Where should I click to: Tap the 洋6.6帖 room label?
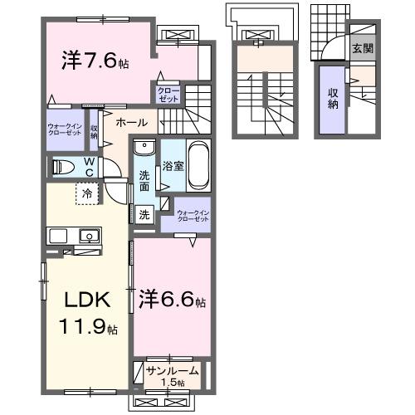[172, 298]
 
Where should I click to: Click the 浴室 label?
[172, 166]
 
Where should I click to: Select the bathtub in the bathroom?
[198, 162]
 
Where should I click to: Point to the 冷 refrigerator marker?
[87, 194]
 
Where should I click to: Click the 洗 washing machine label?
[144, 214]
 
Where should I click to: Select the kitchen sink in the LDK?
[87, 237]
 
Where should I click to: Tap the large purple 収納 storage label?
[332, 99]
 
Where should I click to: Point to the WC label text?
[87, 165]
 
